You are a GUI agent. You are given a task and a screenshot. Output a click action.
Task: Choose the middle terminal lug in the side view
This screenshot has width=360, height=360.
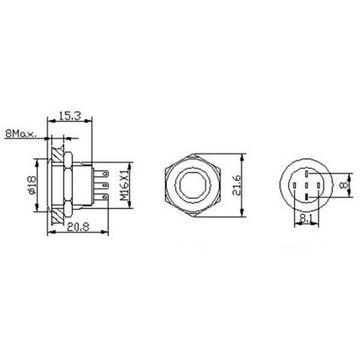(x=103, y=185)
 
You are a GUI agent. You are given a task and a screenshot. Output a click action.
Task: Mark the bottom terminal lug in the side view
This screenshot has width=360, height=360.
(x=103, y=196)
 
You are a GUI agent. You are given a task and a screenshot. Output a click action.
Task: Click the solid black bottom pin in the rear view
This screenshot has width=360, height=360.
(x=306, y=197)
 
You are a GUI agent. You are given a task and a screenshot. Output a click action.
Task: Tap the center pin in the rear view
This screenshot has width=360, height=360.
(x=306, y=185)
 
